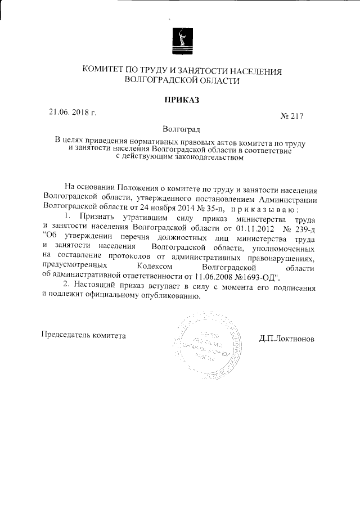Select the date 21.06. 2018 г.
[73, 112]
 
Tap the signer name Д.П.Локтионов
[287, 339]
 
